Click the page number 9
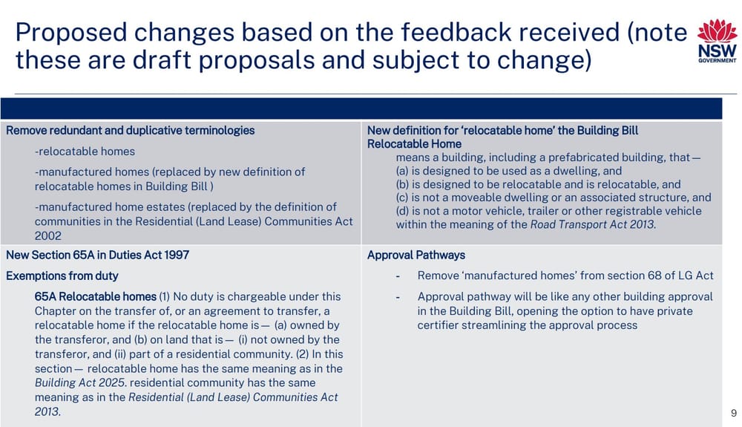(x=733, y=412)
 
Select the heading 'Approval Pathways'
(x=416, y=255)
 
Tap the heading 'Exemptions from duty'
(x=62, y=276)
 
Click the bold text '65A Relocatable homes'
(x=95, y=296)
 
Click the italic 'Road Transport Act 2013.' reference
(x=593, y=225)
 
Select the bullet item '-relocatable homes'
(x=85, y=151)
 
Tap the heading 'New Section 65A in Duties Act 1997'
(x=97, y=255)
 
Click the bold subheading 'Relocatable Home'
(x=414, y=143)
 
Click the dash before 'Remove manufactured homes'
(x=399, y=276)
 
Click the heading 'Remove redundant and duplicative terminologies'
(x=130, y=130)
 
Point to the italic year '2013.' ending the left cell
(x=47, y=411)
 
